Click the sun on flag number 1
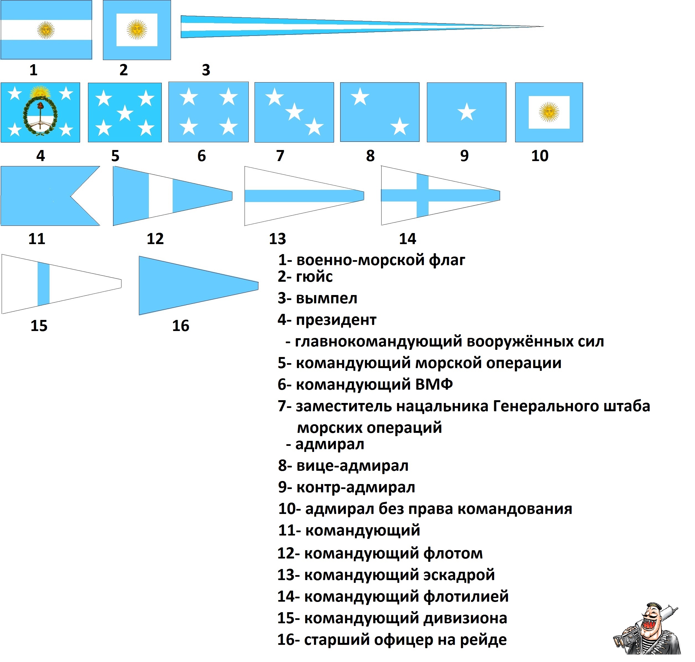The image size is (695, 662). [46, 30]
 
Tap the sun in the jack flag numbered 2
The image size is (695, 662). [137, 29]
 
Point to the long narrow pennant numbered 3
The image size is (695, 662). [362, 27]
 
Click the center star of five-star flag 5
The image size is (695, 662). [125, 113]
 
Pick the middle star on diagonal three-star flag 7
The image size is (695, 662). [294, 112]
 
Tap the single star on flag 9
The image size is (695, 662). [467, 112]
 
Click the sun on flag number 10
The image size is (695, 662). [549, 112]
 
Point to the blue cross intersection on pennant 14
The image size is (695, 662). [422, 195]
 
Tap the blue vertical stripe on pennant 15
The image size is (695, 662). [43, 284]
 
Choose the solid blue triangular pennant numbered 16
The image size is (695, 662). [199, 286]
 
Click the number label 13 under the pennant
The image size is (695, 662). [277, 239]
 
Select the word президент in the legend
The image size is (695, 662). [336, 320]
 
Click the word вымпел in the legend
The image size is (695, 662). [327, 298]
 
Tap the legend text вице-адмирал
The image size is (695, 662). [352, 466]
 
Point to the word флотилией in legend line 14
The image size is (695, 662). [466, 596]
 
